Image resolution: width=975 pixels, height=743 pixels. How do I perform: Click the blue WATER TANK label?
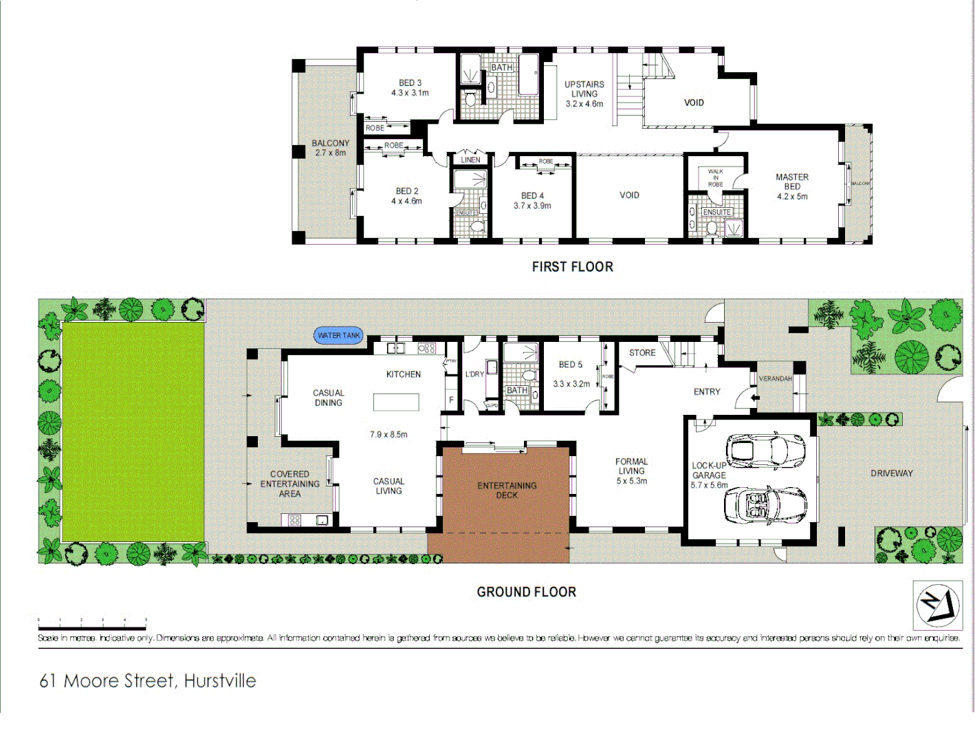(x=339, y=336)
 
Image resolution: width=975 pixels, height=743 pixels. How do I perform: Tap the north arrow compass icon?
(x=937, y=605)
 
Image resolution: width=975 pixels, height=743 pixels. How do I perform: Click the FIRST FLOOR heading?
(x=572, y=267)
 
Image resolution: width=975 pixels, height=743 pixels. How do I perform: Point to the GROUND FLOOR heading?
(x=526, y=592)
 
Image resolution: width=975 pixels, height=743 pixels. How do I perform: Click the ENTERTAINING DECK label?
(x=507, y=490)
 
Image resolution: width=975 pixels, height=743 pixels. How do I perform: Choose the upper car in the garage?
(x=765, y=450)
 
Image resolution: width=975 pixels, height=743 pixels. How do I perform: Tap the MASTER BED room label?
(x=792, y=182)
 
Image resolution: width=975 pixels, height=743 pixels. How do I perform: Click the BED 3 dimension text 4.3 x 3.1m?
(x=410, y=93)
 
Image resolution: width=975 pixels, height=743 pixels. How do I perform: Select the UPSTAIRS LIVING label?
(x=584, y=89)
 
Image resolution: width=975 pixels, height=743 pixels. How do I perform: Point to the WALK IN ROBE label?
(x=715, y=177)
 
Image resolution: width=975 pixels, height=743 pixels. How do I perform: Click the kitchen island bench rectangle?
(x=396, y=402)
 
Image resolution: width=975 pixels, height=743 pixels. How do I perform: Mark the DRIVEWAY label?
(x=891, y=473)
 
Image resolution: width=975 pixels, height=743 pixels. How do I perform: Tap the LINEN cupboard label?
(x=470, y=160)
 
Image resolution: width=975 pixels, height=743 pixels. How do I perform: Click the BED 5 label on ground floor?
(x=570, y=365)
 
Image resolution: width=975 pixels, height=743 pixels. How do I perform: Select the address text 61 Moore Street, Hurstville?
(x=148, y=681)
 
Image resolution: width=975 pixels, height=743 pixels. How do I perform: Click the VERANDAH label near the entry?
(x=775, y=379)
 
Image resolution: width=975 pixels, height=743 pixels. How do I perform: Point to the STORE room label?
(x=642, y=353)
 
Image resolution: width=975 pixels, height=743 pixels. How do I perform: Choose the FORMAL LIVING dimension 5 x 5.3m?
(x=631, y=481)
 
